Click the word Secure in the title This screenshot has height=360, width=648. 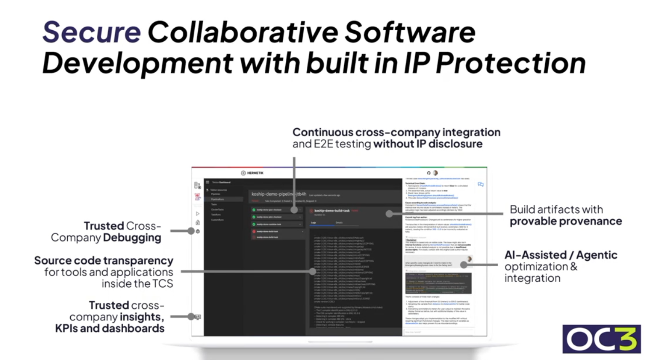click(x=91, y=32)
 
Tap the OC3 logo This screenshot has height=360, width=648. click(x=601, y=339)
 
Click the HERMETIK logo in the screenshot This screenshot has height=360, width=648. click(x=252, y=173)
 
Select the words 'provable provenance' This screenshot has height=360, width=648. click(x=566, y=221)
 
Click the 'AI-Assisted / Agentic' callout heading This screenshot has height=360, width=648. click(x=560, y=255)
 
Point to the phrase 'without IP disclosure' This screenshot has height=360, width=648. click(x=428, y=144)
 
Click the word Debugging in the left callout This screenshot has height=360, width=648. click(x=132, y=238)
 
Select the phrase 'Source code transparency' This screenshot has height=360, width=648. click(x=104, y=260)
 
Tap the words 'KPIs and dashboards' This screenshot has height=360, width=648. click(x=109, y=328)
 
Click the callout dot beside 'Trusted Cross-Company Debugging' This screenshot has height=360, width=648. click(x=191, y=231)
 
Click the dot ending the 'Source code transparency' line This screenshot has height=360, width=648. click(x=313, y=271)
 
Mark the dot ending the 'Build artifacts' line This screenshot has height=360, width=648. click(x=389, y=214)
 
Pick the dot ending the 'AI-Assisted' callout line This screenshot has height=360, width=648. click(x=464, y=265)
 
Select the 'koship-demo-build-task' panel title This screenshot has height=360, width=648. click(x=332, y=211)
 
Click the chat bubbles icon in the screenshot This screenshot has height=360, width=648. click(x=481, y=184)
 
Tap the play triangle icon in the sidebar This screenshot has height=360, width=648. click(x=197, y=214)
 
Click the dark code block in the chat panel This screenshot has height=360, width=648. click(x=438, y=283)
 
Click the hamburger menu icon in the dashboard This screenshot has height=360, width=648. click(x=207, y=182)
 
